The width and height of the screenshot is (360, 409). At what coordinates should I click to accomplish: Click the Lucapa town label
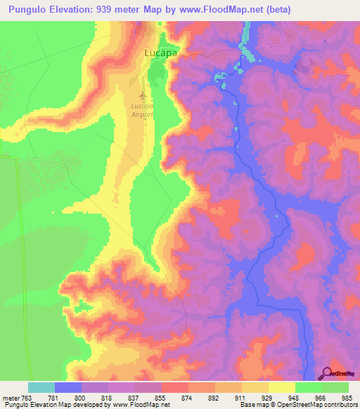coord(160,53)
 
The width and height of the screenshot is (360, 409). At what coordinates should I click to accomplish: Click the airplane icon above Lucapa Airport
coord(143,93)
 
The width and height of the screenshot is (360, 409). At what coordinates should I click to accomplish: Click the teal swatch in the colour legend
coord(41,387)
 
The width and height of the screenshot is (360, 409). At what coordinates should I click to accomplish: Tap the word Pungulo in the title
coord(27,9)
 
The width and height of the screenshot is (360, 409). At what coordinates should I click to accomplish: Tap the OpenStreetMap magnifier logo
coord(328,373)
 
